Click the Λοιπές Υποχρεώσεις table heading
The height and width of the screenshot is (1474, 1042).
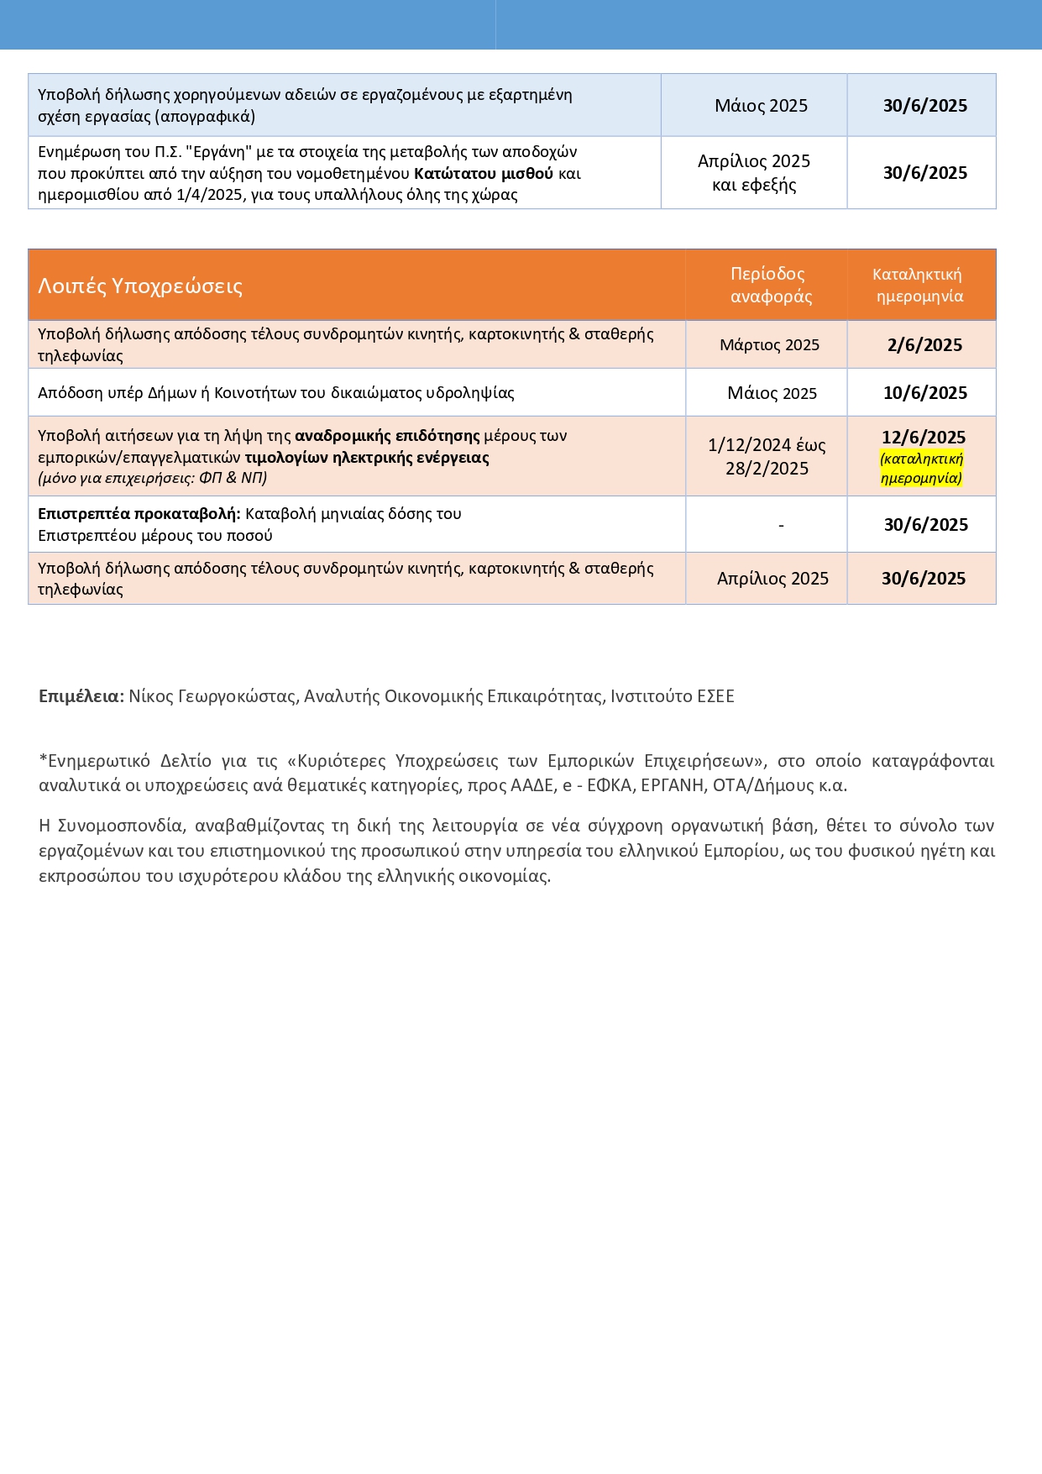click(x=140, y=286)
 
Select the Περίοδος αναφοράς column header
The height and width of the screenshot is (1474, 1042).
click(x=771, y=285)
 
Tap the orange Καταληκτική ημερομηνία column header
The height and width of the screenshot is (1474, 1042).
click(x=919, y=285)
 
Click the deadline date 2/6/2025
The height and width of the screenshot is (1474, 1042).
click(x=924, y=345)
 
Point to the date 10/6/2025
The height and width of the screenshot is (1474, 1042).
click(x=924, y=393)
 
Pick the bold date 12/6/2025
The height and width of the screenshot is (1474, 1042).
click(x=924, y=438)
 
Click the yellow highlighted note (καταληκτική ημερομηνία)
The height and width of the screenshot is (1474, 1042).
click(x=921, y=469)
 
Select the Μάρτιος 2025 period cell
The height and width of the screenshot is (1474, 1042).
click(x=769, y=345)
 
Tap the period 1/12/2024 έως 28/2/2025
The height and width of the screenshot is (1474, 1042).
click(x=767, y=457)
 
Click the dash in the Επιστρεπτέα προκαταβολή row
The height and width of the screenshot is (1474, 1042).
click(x=781, y=526)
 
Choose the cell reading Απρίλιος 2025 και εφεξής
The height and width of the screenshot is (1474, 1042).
click(x=754, y=173)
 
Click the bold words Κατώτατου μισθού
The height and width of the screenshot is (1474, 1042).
click(x=483, y=174)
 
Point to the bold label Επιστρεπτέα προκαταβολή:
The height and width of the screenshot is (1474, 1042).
click(x=139, y=514)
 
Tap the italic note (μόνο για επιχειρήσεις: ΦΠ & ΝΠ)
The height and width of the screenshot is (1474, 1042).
click(x=153, y=479)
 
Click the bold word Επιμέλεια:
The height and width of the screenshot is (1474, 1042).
click(x=81, y=696)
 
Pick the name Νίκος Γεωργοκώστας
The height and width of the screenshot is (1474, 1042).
click(x=212, y=696)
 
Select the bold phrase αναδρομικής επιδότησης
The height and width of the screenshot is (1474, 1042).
click(x=387, y=436)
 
